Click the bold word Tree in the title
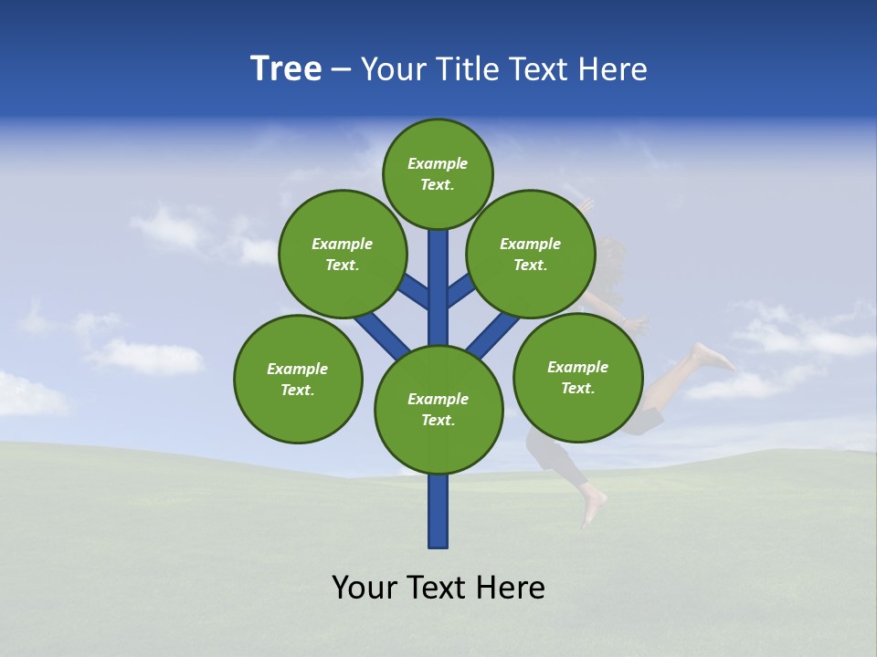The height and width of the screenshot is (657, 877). click(x=286, y=68)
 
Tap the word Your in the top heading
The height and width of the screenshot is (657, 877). click(x=396, y=68)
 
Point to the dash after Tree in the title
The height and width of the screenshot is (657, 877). click(x=340, y=69)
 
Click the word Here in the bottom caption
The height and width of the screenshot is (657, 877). click(x=511, y=587)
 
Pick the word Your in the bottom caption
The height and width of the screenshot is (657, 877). click(x=365, y=587)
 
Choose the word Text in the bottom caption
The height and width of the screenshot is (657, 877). click(x=438, y=587)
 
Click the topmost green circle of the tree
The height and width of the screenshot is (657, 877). click(x=438, y=173)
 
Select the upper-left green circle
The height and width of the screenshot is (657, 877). click(x=342, y=254)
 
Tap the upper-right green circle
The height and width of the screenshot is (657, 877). click(x=530, y=254)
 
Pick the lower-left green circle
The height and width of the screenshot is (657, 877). click(x=298, y=379)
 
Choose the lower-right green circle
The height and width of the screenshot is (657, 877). click(x=577, y=377)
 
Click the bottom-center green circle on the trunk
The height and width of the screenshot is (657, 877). click(x=438, y=409)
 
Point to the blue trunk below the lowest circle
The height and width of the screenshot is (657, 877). click(x=438, y=511)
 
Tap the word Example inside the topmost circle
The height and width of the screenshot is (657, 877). click(x=438, y=163)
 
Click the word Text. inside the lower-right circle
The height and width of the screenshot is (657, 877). click(x=577, y=388)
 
